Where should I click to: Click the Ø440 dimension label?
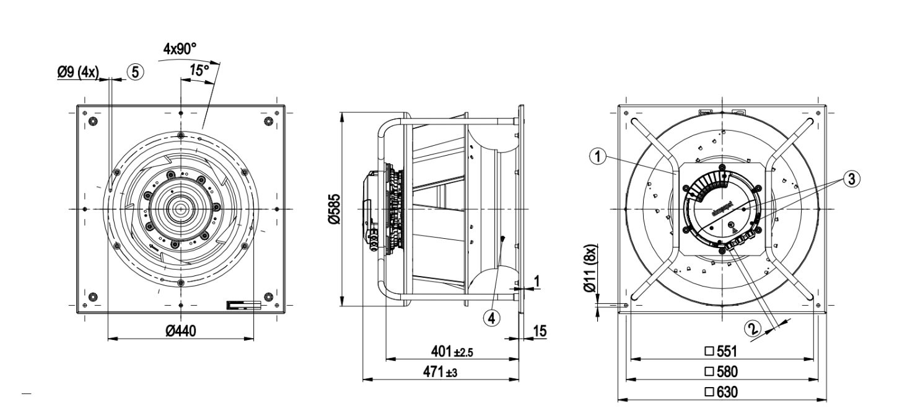tap(180, 331)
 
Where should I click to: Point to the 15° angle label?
tap(199, 71)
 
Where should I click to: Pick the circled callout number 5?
tap(135, 72)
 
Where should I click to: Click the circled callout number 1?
tap(597, 157)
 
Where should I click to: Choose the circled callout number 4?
tap(491, 317)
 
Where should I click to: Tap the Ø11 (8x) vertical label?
tap(591, 272)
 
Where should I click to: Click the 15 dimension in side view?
tap(540, 332)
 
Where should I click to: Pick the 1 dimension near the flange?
tap(536, 281)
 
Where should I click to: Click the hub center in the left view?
tap(180, 209)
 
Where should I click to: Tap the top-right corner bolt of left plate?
tap(268, 120)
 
